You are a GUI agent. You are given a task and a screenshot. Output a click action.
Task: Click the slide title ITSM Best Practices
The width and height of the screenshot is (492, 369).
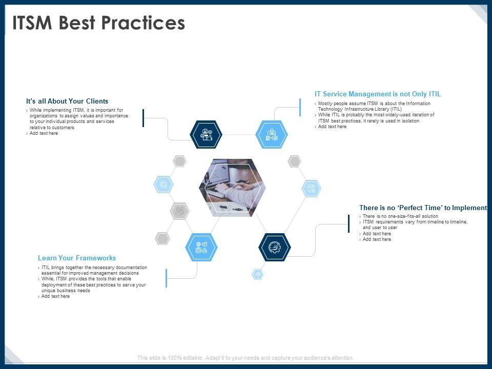[98, 23]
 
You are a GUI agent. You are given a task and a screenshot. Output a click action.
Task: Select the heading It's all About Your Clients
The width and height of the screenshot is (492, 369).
[67, 101]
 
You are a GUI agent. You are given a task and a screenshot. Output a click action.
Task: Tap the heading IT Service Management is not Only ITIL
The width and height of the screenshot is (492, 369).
[378, 94]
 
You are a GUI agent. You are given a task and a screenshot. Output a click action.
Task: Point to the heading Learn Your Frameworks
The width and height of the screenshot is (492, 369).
[77, 258]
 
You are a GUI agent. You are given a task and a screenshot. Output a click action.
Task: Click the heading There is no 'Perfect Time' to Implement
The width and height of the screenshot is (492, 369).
[423, 208]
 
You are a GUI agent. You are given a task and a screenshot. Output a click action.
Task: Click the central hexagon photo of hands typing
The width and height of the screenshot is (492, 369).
[233, 188]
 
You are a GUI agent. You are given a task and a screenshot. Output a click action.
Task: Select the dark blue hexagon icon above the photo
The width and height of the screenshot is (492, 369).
[206, 134]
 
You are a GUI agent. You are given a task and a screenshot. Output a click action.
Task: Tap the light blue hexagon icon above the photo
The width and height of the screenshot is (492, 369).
[272, 134]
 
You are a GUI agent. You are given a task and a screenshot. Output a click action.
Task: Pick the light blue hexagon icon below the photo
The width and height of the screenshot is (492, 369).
[201, 247]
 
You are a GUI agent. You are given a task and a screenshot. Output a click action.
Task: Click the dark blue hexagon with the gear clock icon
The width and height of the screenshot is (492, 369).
[275, 247]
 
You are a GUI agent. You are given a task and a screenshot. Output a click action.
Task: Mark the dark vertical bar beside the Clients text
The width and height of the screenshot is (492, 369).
[143, 118]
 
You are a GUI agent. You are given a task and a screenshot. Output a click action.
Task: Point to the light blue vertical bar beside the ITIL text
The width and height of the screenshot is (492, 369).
[300, 107]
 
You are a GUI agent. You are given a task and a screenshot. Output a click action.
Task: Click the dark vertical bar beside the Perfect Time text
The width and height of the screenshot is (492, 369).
[348, 224]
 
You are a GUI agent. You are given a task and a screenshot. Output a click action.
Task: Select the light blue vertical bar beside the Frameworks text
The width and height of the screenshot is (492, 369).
[166, 278]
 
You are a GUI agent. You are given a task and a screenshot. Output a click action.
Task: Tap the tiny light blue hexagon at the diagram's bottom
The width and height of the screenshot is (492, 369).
[258, 274]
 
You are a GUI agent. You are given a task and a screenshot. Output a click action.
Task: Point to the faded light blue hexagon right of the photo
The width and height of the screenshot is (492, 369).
[311, 189]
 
